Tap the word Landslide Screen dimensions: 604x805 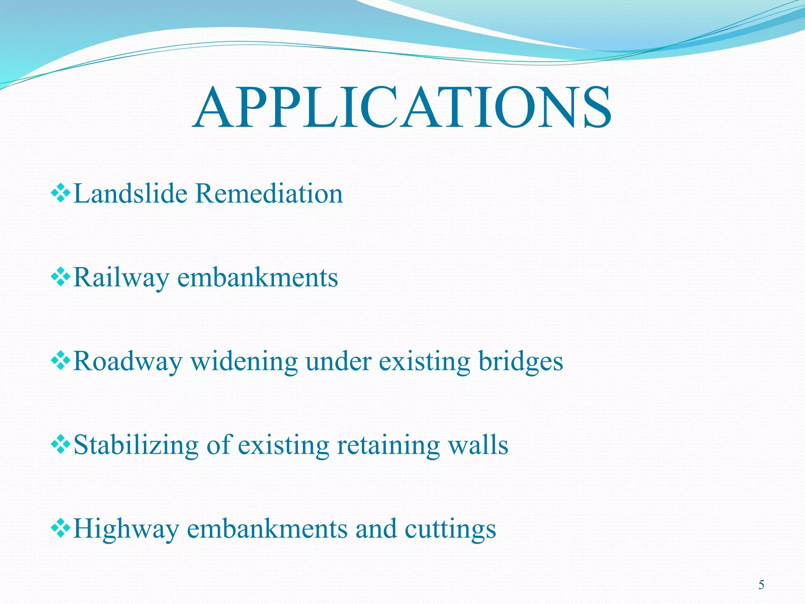click(x=130, y=193)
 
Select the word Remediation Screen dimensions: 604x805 click(x=269, y=193)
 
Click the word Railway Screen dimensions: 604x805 click(x=121, y=278)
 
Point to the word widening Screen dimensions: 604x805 click(x=244, y=361)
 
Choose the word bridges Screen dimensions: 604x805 click(x=520, y=362)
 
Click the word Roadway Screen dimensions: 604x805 click(x=128, y=361)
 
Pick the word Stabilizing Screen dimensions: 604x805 click(x=136, y=446)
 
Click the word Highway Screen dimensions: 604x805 click(x=126, y=529)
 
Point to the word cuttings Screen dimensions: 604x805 click(x=450, y=529)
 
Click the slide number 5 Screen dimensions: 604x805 click(x=761, y=585)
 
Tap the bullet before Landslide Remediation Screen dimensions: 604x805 click(x=61, y=193)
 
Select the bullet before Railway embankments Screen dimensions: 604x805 click(x=61, y=278)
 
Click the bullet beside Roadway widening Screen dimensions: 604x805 click(x=61, y=361)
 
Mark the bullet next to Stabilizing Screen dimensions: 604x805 click(x=61, y=446)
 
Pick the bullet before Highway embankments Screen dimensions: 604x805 click(x=61, y=529)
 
